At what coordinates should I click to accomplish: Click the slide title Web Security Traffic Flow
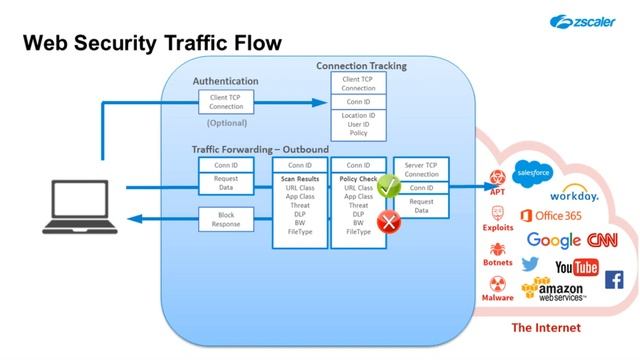click(152, 44)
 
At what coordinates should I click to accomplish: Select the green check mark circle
click(388, 185)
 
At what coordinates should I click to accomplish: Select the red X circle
click(388, 222)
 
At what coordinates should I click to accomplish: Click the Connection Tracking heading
click(361, 66)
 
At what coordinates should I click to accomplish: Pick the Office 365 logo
click(552, 216)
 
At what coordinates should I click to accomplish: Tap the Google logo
click(553, 240)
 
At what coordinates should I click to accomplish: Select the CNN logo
click(602, 240)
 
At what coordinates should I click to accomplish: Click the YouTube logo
click(576, 267)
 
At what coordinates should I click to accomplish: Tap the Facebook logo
click(613, 279)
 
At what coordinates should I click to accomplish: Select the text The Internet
click(545, 327)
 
